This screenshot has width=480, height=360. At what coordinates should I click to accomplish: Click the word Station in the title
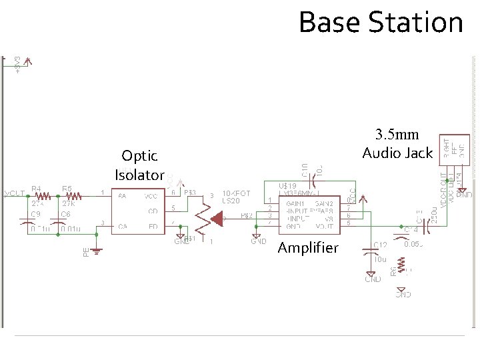pyautogui.click(x=415, y=22)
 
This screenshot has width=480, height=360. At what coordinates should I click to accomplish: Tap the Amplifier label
pyautogui.click(x=308, y=248)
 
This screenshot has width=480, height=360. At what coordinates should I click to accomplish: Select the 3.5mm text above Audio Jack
pyautogui.click(x=397, y=135)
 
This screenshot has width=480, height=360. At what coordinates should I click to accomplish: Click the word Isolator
pyautogui.click(x=139, y=175)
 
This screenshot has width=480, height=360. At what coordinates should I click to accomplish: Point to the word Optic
pyautogui.click(x=139, y=156)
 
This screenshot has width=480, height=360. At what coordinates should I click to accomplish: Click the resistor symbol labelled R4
pyautogui.click(x=42, y=196)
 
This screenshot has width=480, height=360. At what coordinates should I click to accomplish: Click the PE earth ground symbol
pyautogui.click(x=97, y=251)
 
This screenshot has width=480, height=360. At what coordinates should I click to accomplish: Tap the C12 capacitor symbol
pyautogui.click(x=371, y=251)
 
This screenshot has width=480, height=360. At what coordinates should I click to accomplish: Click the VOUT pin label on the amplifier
pyautogui.click(x=327, y=227)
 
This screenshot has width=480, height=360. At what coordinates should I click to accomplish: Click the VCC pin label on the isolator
pyautogui.click(x=153, y=196)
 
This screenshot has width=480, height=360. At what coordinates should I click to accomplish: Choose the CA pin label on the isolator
pyautogui.click(x=123, y=227)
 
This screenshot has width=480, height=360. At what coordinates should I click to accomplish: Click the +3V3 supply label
pyautogui.click(x=17, y=65)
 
